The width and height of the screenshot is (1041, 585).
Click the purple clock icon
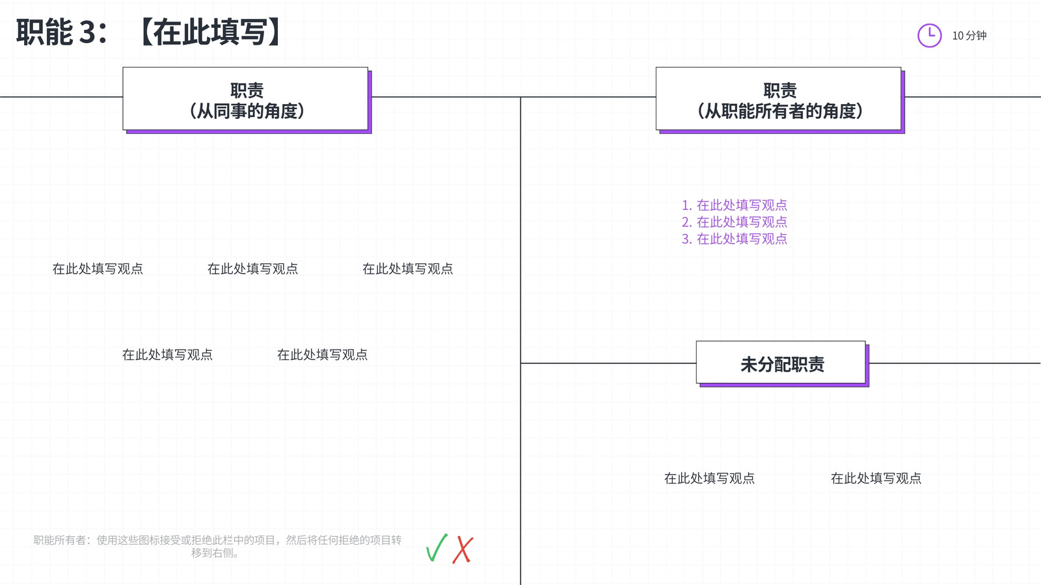tap(929, 35)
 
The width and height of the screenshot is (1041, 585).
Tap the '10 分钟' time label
tap(969, 36)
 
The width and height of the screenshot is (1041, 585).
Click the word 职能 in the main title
tap(45, 32)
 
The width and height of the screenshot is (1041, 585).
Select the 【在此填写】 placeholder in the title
tap(211, 32)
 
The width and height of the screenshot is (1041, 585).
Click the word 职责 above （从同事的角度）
tap(247, 90)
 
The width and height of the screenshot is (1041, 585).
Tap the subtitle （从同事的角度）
tap(247, 111)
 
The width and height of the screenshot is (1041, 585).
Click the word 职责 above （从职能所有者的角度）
tap(780, 90)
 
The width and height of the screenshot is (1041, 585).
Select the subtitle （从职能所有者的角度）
tap(780, 111)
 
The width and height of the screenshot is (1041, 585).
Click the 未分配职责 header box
tap(781, 363)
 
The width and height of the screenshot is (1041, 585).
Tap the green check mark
tap(437, 548)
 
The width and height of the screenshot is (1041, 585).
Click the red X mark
tap(463, 550)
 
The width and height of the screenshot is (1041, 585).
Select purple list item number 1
tap(735, 205)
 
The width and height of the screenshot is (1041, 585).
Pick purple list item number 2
tap(735, 222)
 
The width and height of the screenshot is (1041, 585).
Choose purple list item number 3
tap(735, 239)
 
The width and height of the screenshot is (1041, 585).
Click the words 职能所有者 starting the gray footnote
tap(60, 540)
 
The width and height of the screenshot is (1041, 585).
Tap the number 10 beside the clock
tap(958, 36)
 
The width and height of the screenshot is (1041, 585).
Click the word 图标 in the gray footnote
tap(149, 540)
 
